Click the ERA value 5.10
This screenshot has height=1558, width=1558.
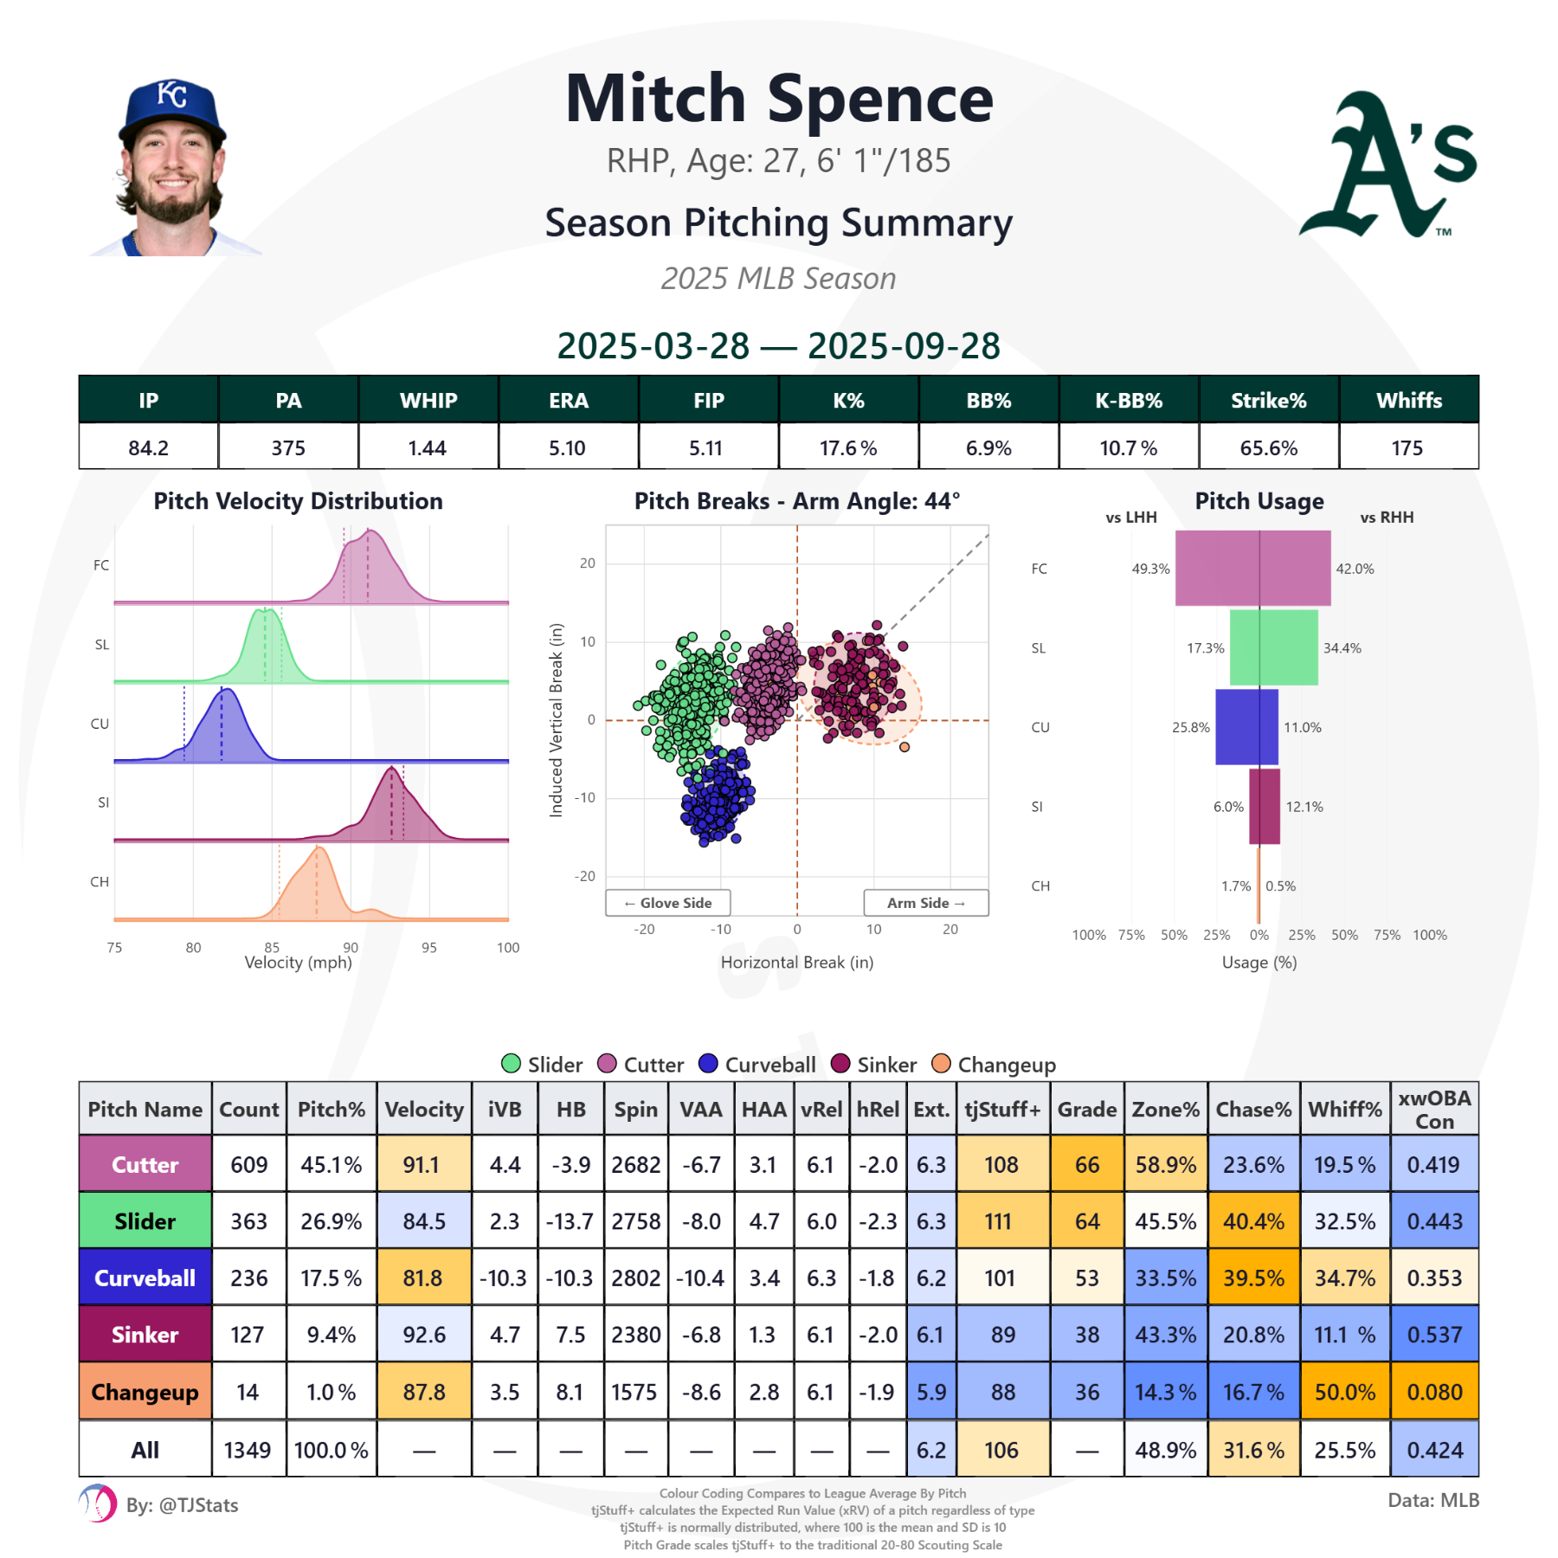click(x=567, y=447)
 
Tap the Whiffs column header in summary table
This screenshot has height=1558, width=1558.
click(x=1408, y=400)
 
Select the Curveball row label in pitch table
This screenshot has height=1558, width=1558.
click(x=145, y=1278)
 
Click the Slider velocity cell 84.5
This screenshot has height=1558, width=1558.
click(x=424, y=1221)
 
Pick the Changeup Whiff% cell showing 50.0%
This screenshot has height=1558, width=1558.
click(x=1344, y=1392)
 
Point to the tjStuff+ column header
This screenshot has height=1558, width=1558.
click(x=1001, y=1109)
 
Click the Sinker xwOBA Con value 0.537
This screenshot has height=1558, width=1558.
click(x=1434, y=1335)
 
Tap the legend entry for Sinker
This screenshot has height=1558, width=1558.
click(x=873, y=1064)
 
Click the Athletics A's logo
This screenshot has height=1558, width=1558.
click(x=1388, y=164)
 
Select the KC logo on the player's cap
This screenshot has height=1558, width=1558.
click(x=171, y=93)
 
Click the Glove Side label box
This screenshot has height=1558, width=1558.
click(x=667, y=903)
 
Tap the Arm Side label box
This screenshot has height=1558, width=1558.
click(x=925, y=903)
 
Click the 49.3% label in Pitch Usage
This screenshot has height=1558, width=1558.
click(x=1150, y=569)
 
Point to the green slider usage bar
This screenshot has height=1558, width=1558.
click(x=1273, y=647)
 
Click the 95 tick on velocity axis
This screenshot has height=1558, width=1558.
click(x=429, y=948)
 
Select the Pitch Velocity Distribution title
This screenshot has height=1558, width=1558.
click(x=298, y=501)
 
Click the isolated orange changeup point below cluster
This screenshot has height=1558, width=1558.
click(x=905, y=747)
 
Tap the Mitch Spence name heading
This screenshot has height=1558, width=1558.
click(x=779, y=99)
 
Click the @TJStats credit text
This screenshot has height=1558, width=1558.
click(x=182, y=1505)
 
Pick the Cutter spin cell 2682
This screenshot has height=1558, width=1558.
click(x=635, y=1165)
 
